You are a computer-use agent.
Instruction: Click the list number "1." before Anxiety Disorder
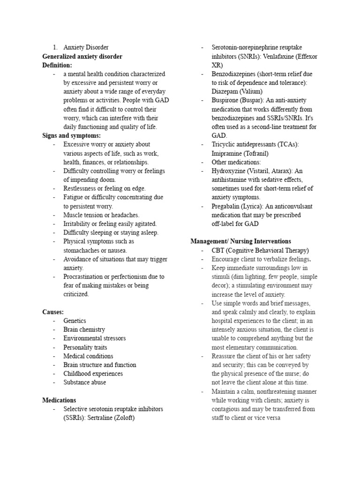[55, 47]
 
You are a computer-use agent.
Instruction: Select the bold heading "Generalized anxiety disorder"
[82, 56]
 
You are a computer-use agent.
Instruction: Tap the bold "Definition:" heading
[57, 65]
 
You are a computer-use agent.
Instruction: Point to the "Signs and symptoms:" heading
[71, 135]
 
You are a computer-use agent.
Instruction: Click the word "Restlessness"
[80, 188]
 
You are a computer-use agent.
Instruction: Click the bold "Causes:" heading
[53, 312]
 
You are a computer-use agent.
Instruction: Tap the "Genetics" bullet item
[75, 321]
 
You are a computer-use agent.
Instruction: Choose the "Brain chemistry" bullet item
[84, 330]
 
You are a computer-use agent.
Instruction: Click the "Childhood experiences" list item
[93, 374]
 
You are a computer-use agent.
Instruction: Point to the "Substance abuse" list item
[85, 382]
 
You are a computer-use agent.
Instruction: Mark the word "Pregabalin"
[227, 206]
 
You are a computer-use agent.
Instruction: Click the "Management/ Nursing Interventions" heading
[240, 241]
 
